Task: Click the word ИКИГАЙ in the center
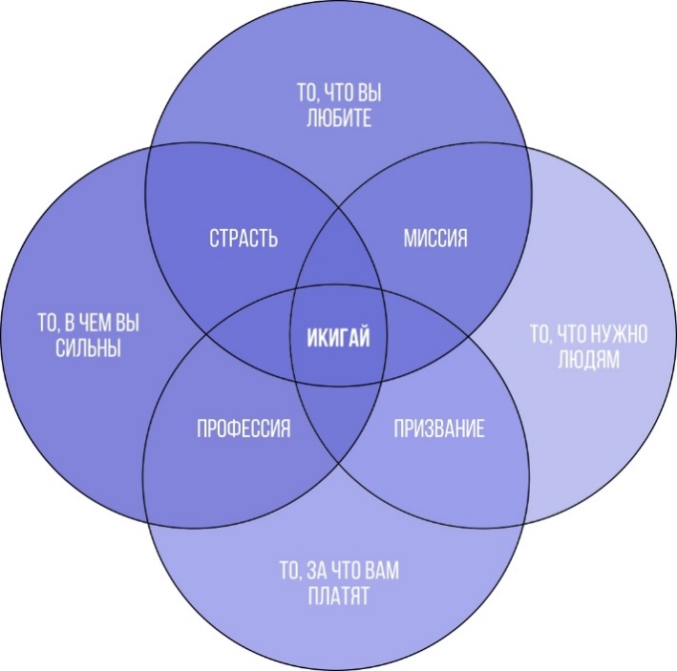pos(338,336)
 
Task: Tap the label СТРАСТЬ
pos(243,239)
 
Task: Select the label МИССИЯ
pos(434,239)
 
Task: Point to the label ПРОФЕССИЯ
pos(243,430)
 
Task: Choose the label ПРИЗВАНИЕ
pos(439,430)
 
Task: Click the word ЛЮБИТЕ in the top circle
pos(338,119)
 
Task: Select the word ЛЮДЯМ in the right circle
pos(589,360)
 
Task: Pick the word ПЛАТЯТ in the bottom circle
pos(338,598)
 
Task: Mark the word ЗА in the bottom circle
pos(320,574)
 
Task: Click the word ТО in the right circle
pos(540,335)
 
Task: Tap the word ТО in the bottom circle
pos(288,574)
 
